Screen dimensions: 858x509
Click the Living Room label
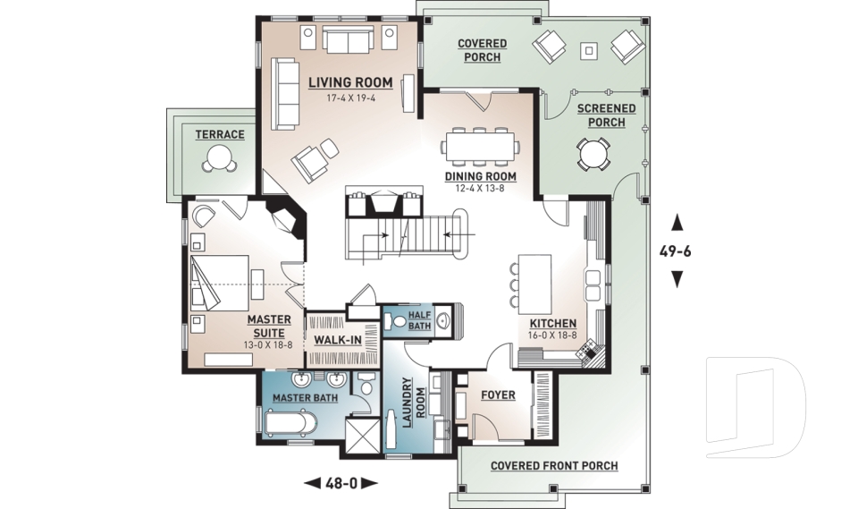tap(350, 82)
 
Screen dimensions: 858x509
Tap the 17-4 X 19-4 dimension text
tap(350, 98)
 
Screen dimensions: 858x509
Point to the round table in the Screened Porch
tap(593, 154)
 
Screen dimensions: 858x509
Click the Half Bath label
tap(420, 320)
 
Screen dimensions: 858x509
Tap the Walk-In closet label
tap(338, 340)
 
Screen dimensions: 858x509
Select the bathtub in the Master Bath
tap(290, 423)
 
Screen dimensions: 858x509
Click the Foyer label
tap(498, 395)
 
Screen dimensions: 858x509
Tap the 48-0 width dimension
tap(341, 483)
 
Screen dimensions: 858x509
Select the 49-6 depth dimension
tap(676, 251)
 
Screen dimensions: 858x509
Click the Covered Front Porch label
tap(554, 466)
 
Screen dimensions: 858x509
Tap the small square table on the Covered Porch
tap(589, 51)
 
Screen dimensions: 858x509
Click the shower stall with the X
tap(362, 435)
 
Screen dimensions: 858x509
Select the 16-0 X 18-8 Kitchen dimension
tap(552, 335)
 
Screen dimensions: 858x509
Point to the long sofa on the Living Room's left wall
tap(285, 94)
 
